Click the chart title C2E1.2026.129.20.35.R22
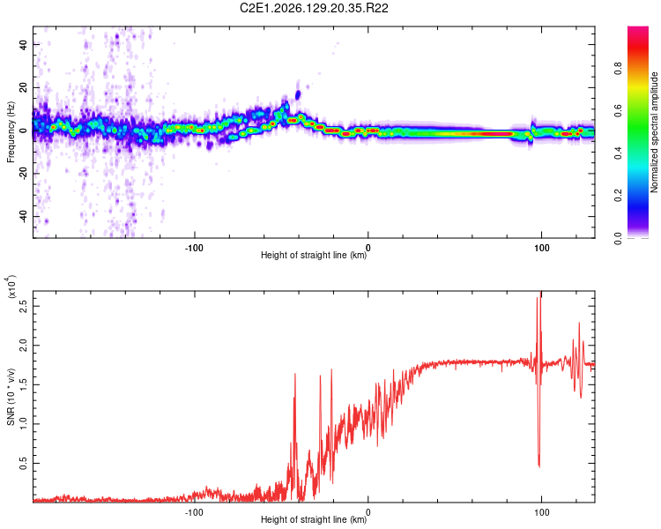coord(314,8)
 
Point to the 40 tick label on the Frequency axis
coord(24,44)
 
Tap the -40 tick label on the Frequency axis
coord(24,216)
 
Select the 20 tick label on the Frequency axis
coord(24,87)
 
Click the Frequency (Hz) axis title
coord(11,131)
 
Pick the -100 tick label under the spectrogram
coord(194,248)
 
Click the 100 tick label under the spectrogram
coord(542,248)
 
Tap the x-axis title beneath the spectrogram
coord(314,255)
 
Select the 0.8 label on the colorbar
coord(618,69)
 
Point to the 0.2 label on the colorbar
coord(618,196)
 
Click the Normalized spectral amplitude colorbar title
coord(654,132)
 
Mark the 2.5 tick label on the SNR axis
coord(24,306)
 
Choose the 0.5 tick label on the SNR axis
coord(24,464)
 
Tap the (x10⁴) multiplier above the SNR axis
coord(11,287)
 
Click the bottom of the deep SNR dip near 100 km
coord(539,466)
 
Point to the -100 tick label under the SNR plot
coord(194,512)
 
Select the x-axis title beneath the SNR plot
coord(314,519)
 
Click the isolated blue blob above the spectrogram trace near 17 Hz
coord(298,94)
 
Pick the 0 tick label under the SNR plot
coord(368,512)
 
